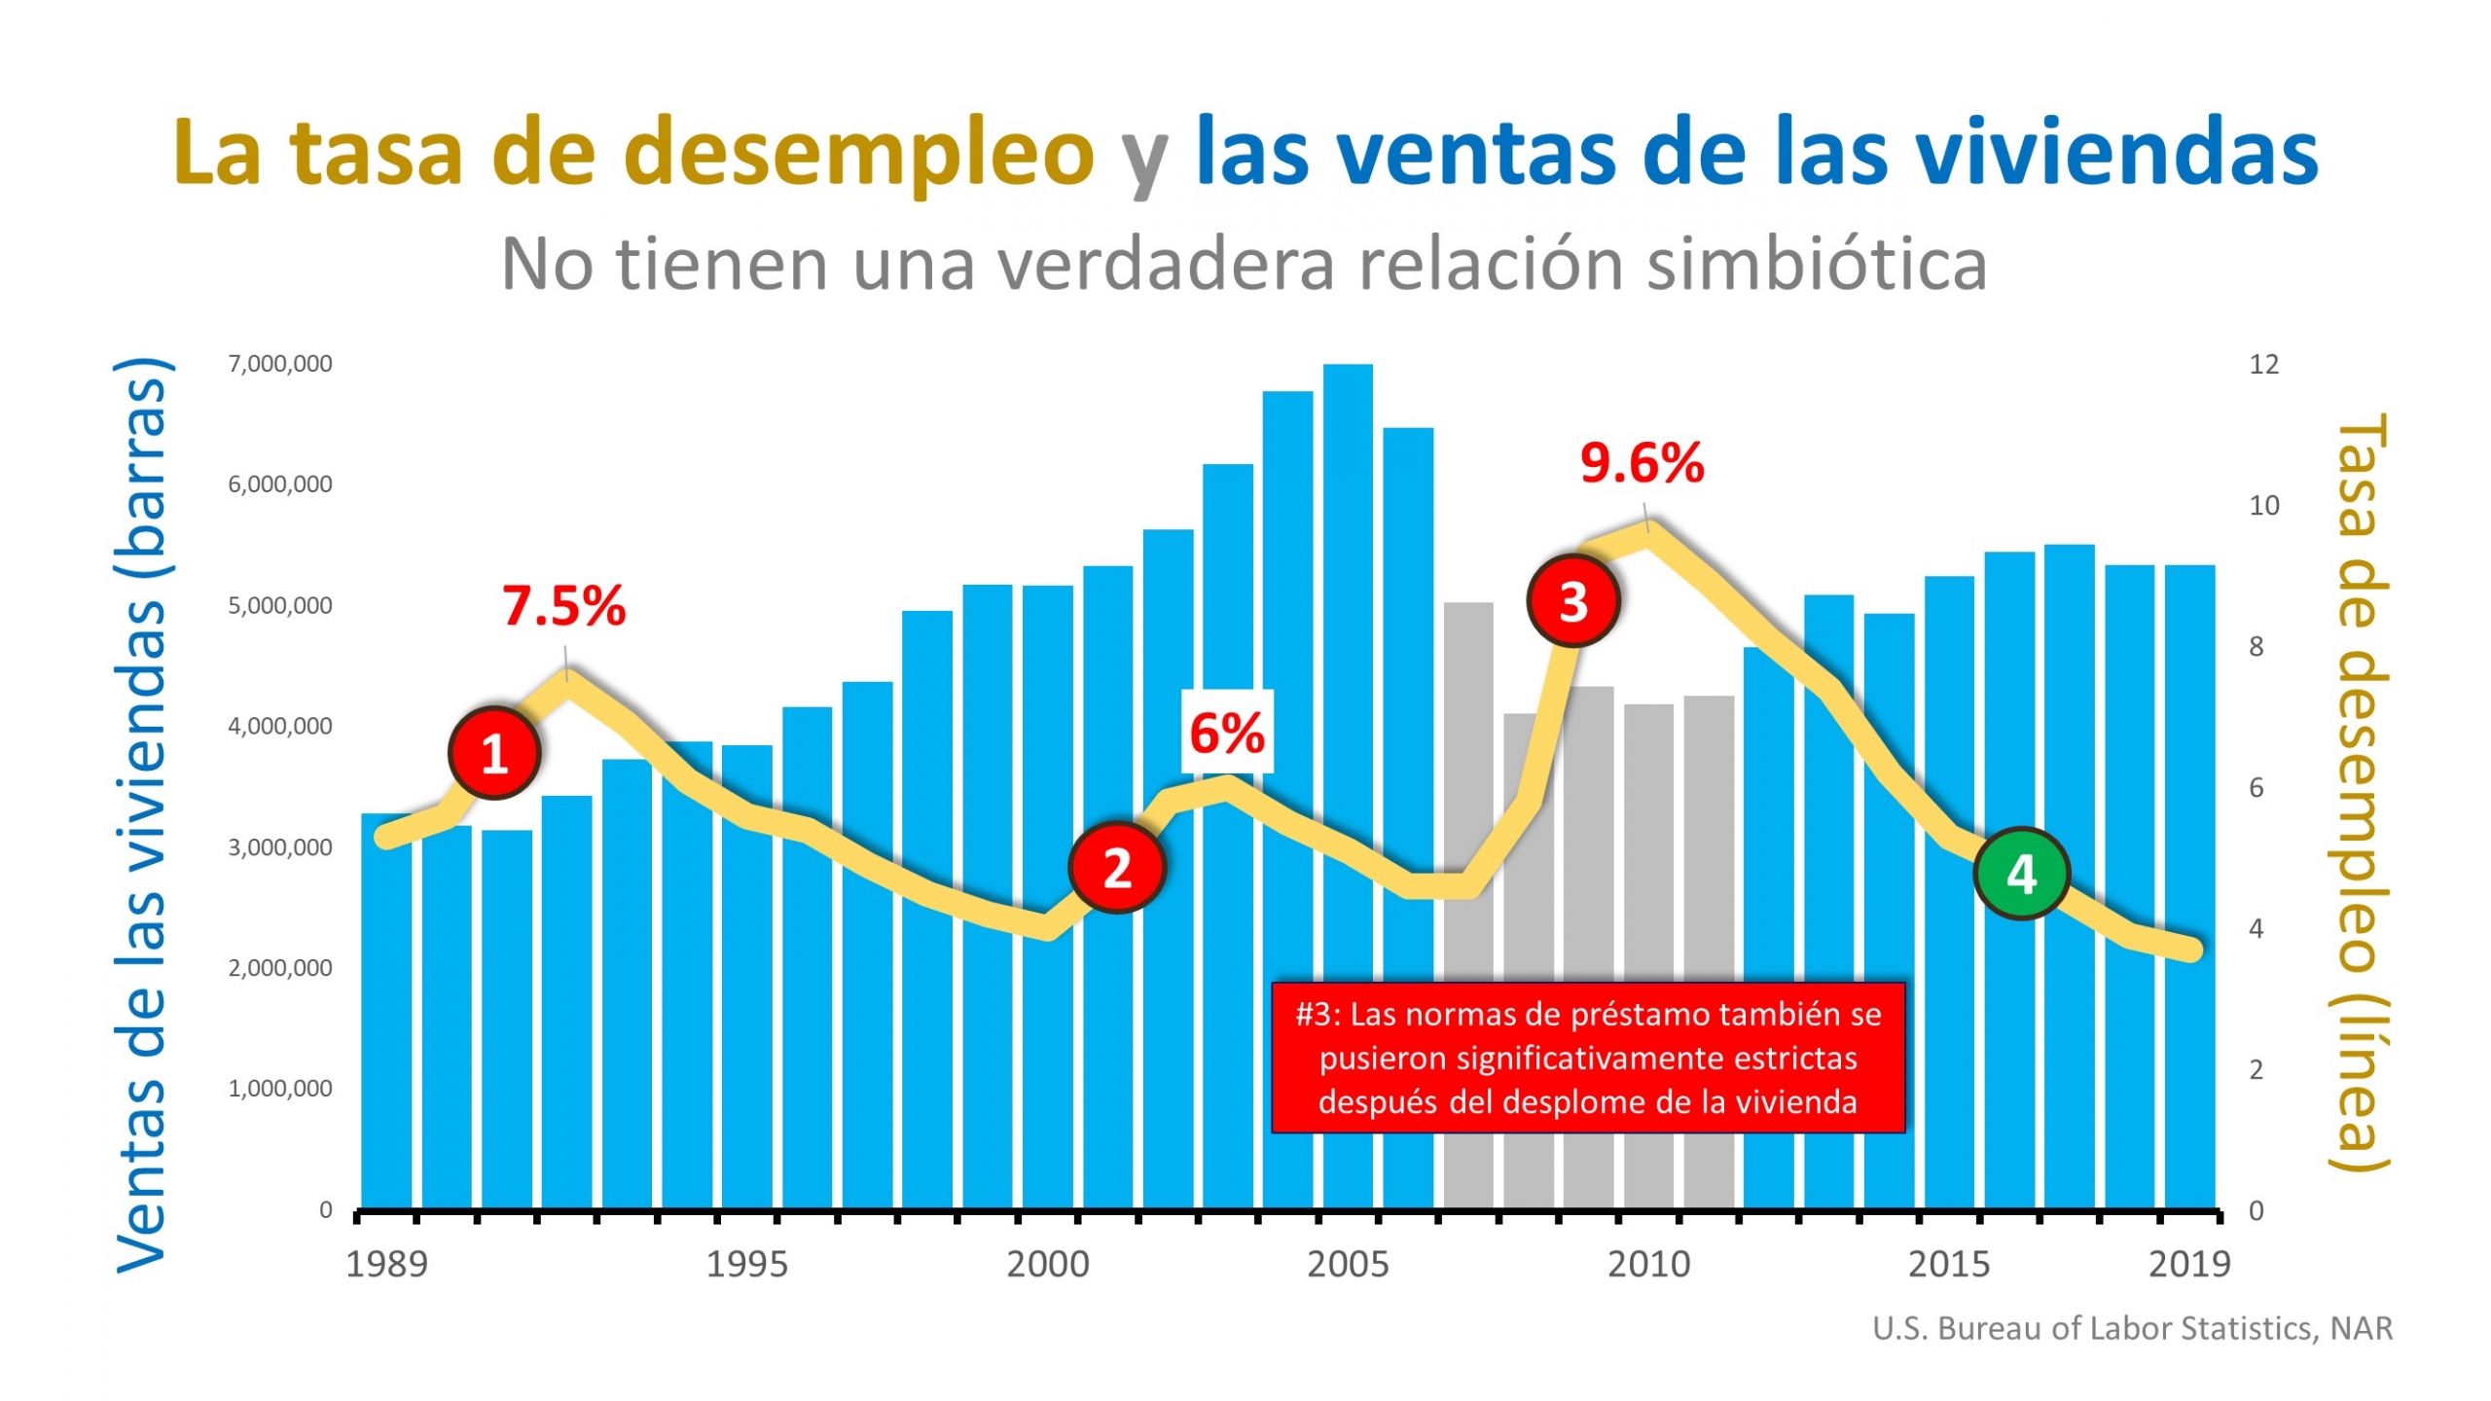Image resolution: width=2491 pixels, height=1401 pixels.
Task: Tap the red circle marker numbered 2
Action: click(1116, 867)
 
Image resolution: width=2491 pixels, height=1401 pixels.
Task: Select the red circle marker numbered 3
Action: click(1572, 601)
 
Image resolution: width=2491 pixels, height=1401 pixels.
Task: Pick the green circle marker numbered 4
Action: click(2021, 874)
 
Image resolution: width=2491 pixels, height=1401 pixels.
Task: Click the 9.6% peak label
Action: click(1642, 463)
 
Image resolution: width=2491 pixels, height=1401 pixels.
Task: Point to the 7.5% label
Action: click(563, 606)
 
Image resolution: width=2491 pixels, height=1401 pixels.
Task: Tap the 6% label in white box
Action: click(1226, 733)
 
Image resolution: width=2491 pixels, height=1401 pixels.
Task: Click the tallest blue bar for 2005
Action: click(1347, 778)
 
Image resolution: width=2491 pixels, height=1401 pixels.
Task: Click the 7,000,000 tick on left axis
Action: click(280, 364)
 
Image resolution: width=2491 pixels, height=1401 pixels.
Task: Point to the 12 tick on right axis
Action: click(2263, 365)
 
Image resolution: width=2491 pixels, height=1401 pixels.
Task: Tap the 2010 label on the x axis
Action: click(1648, 1264)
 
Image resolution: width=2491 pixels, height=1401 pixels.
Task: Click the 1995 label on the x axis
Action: click(746, 1264)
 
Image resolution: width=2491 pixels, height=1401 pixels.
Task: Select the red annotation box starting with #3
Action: click(1587, 1058)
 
